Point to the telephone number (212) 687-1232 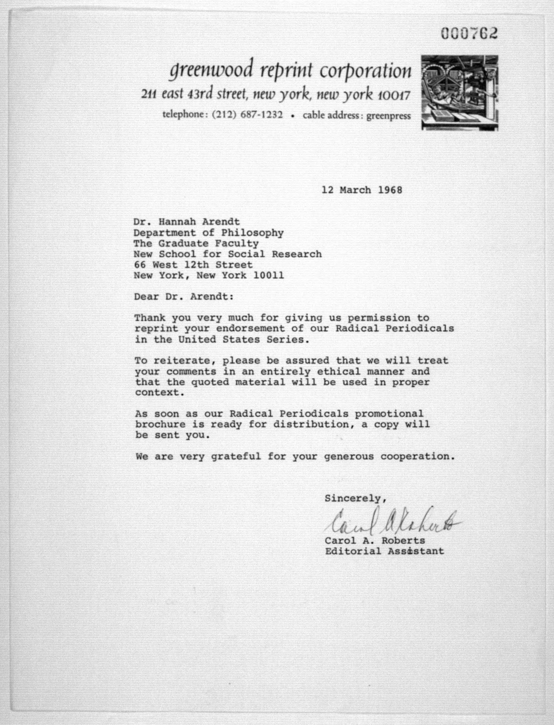247,115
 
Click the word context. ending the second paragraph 160,393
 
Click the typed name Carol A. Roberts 375,541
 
